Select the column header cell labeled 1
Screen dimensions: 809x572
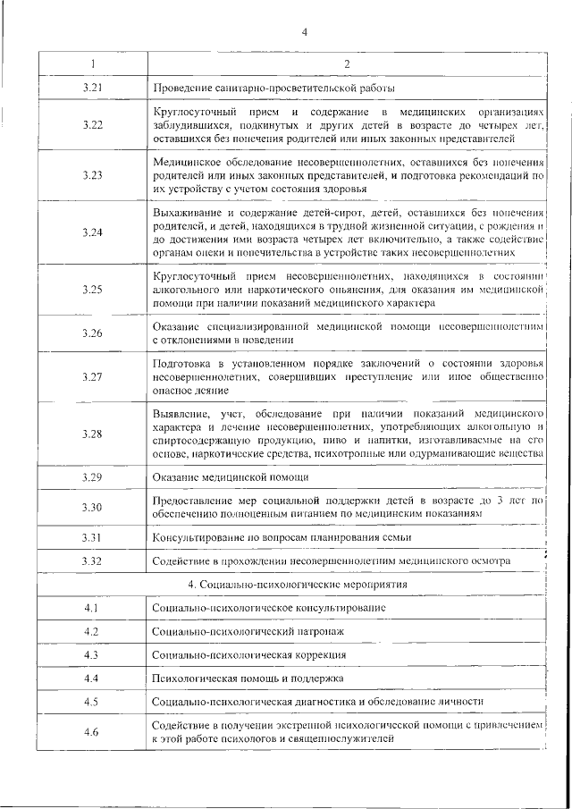92,63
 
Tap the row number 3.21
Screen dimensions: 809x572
92,88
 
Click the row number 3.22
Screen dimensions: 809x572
92,125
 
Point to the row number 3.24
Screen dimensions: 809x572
92,232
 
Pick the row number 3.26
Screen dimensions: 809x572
92,333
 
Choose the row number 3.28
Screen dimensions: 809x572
92,434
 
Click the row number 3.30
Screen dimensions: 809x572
92,508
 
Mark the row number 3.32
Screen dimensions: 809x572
92,560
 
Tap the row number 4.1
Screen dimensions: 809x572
92,608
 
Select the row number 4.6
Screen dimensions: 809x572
92,733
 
